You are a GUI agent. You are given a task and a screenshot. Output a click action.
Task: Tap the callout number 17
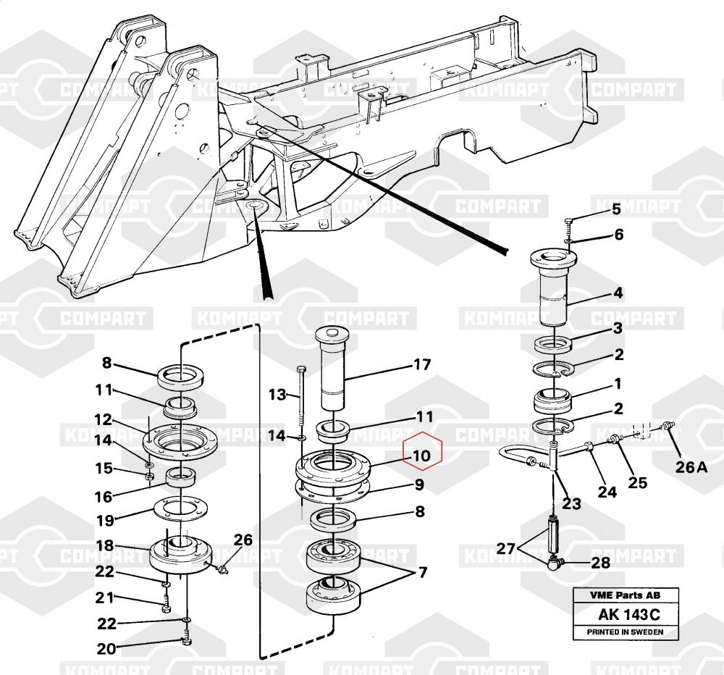422,364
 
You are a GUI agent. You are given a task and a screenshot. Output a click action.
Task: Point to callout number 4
618,293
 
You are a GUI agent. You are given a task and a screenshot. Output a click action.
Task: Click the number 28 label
601,562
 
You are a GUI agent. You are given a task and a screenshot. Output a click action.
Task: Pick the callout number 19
106,519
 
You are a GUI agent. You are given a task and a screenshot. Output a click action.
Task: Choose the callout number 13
278,394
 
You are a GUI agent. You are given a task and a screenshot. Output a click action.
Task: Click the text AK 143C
629,615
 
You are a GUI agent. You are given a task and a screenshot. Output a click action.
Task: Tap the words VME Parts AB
625,596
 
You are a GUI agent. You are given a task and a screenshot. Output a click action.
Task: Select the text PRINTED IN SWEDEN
626,632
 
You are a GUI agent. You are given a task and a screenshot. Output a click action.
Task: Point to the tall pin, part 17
332,369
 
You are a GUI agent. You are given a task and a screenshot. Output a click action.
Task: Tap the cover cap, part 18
180,554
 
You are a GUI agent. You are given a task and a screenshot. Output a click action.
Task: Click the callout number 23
572,503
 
